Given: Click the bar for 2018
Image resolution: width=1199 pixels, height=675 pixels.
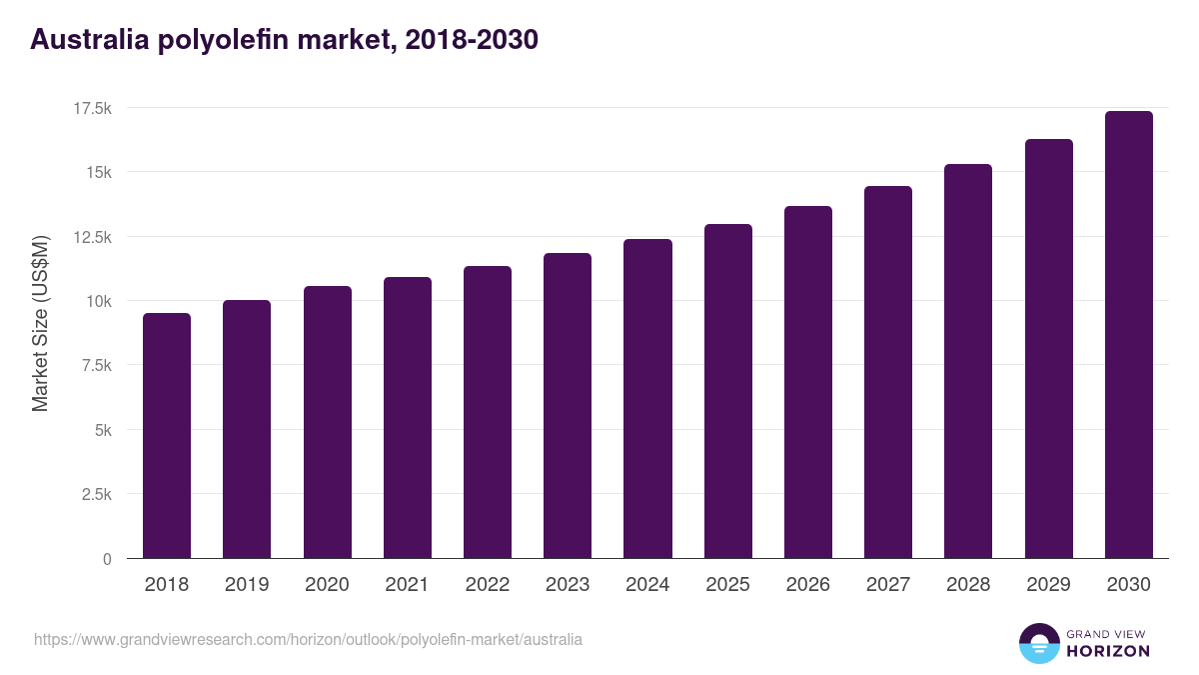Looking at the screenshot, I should point(167,436).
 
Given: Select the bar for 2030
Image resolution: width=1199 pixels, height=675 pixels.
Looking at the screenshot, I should point(1128,335).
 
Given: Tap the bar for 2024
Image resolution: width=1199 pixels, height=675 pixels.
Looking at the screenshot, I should point(647,399).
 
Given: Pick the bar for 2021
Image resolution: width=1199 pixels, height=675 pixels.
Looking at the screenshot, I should point(407,418).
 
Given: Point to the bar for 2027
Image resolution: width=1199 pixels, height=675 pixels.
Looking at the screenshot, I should point(887,372).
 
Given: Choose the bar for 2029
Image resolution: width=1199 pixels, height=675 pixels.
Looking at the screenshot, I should point(1048,349).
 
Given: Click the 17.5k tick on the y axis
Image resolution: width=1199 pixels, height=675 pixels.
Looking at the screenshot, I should point(90,108).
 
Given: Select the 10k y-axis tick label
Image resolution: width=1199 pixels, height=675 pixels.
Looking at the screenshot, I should point(97,301).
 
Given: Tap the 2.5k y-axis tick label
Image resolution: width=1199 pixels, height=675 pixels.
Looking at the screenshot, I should point(94,495).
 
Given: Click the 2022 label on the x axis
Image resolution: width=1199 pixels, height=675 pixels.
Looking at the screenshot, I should point(487,585).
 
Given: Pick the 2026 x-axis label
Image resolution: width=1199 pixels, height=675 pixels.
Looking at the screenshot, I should point(807,585).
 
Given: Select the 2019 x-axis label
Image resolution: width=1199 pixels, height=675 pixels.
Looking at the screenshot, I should point(247,585).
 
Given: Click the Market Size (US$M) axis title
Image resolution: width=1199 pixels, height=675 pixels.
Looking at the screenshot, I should point(40,323).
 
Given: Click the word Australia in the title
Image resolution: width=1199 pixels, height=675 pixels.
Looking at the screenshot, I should point(90,40).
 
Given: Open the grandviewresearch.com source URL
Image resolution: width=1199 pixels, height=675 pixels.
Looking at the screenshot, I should point(308,639).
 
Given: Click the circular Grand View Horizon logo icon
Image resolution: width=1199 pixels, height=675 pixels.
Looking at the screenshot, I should point(1038,643).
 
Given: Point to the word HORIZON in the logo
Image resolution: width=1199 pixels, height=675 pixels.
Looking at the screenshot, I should point(1109,651).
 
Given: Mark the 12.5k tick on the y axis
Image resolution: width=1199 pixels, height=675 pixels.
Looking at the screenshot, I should point(90,237).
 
